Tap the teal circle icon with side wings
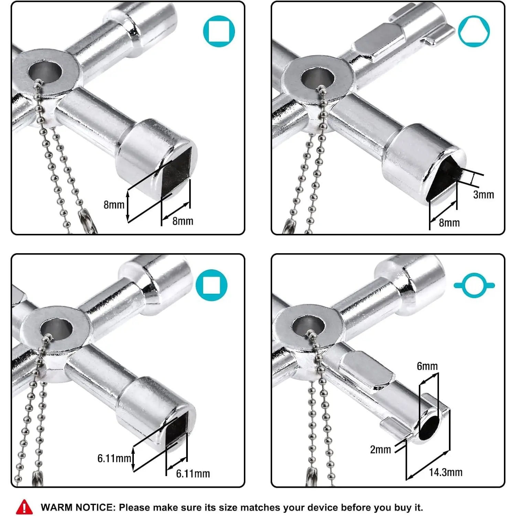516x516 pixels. pos(474,285)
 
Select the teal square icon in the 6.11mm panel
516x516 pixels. pos(211,285)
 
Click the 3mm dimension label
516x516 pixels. pos(483,195)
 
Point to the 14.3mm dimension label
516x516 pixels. pos(445,472)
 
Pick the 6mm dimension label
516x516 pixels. pos(427,366)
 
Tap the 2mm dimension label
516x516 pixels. pos(380,449)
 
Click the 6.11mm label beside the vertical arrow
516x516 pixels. pos(114,458)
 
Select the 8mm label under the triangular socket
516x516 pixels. pos(449,223)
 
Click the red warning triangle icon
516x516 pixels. pos(24,507)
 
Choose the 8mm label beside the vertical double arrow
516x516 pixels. pos(114,205)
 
